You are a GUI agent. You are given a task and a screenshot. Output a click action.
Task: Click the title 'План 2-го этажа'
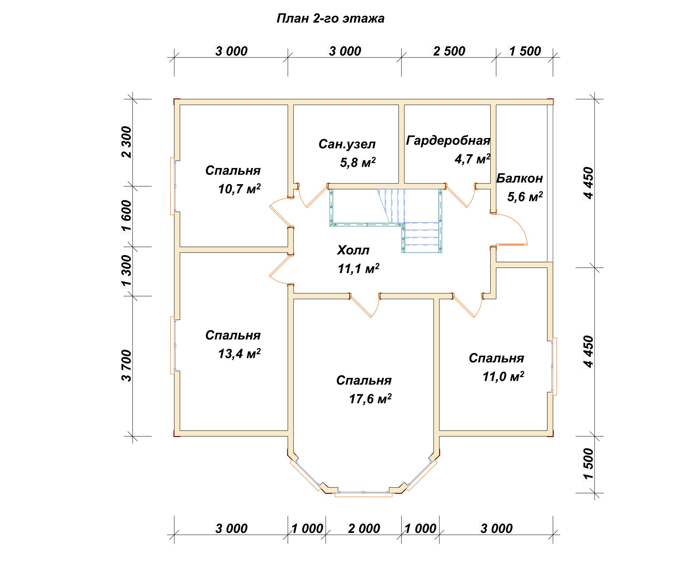coord(330,19)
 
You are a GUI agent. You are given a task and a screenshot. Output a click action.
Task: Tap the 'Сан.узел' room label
coord(347,144)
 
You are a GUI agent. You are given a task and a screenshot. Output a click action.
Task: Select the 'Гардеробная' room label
coord(448,141)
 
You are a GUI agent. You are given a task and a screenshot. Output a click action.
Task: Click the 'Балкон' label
coord(519,179)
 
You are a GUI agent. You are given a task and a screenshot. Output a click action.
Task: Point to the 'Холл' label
coord(353,250)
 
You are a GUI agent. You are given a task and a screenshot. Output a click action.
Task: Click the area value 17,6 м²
coord(370,399)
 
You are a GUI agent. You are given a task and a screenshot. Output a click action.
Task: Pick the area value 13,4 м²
coord(239,353)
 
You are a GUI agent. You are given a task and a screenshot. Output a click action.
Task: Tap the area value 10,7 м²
coord(239,189)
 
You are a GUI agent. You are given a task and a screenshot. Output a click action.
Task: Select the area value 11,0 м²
coord(503,377)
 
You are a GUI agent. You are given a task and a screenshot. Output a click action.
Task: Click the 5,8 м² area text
coord(358,163)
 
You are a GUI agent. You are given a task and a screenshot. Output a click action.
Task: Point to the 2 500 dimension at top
coord(449,51)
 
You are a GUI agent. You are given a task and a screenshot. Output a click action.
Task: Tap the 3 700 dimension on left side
coord(127,366)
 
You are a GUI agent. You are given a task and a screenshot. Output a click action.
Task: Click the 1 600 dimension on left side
coord(127,216)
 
